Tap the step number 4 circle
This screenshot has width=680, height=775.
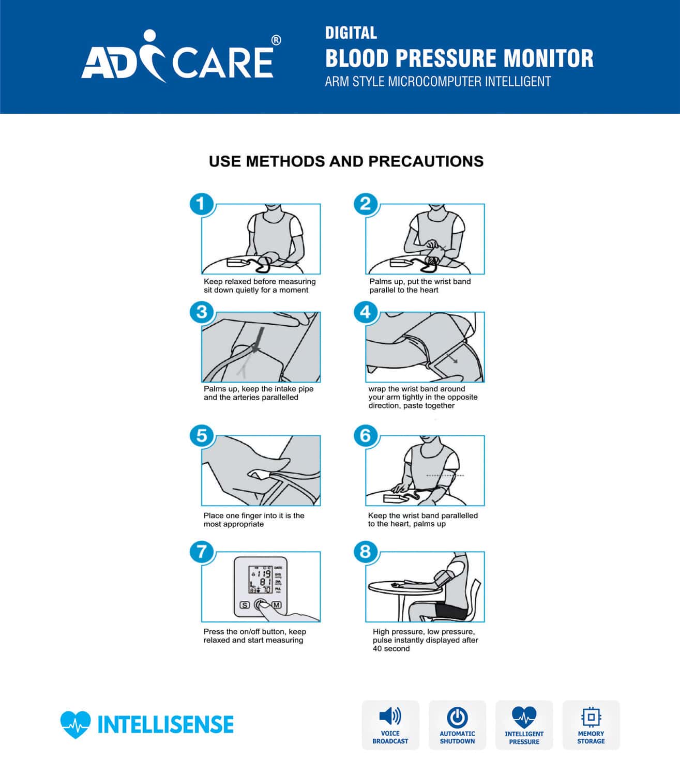[x=366, y=312]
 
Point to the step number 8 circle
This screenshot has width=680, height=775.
[x=366, y=551]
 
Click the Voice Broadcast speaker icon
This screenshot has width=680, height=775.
[x=390, y=717]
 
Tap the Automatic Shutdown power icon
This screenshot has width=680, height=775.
[x=457, y=717]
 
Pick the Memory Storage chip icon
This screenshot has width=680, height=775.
[x=591, y=717]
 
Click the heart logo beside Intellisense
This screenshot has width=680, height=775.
[x=75, y=724]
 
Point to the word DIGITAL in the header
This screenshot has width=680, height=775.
[x=351, y=33]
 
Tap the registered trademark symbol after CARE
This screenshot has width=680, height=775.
[x=276, y=40]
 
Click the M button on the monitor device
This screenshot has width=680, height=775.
[x=277, y=604]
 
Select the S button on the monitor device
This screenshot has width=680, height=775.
[x=245, y=604]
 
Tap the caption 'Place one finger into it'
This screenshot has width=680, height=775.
[x=254, y=520]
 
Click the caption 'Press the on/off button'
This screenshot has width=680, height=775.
[x=254, y=635]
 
